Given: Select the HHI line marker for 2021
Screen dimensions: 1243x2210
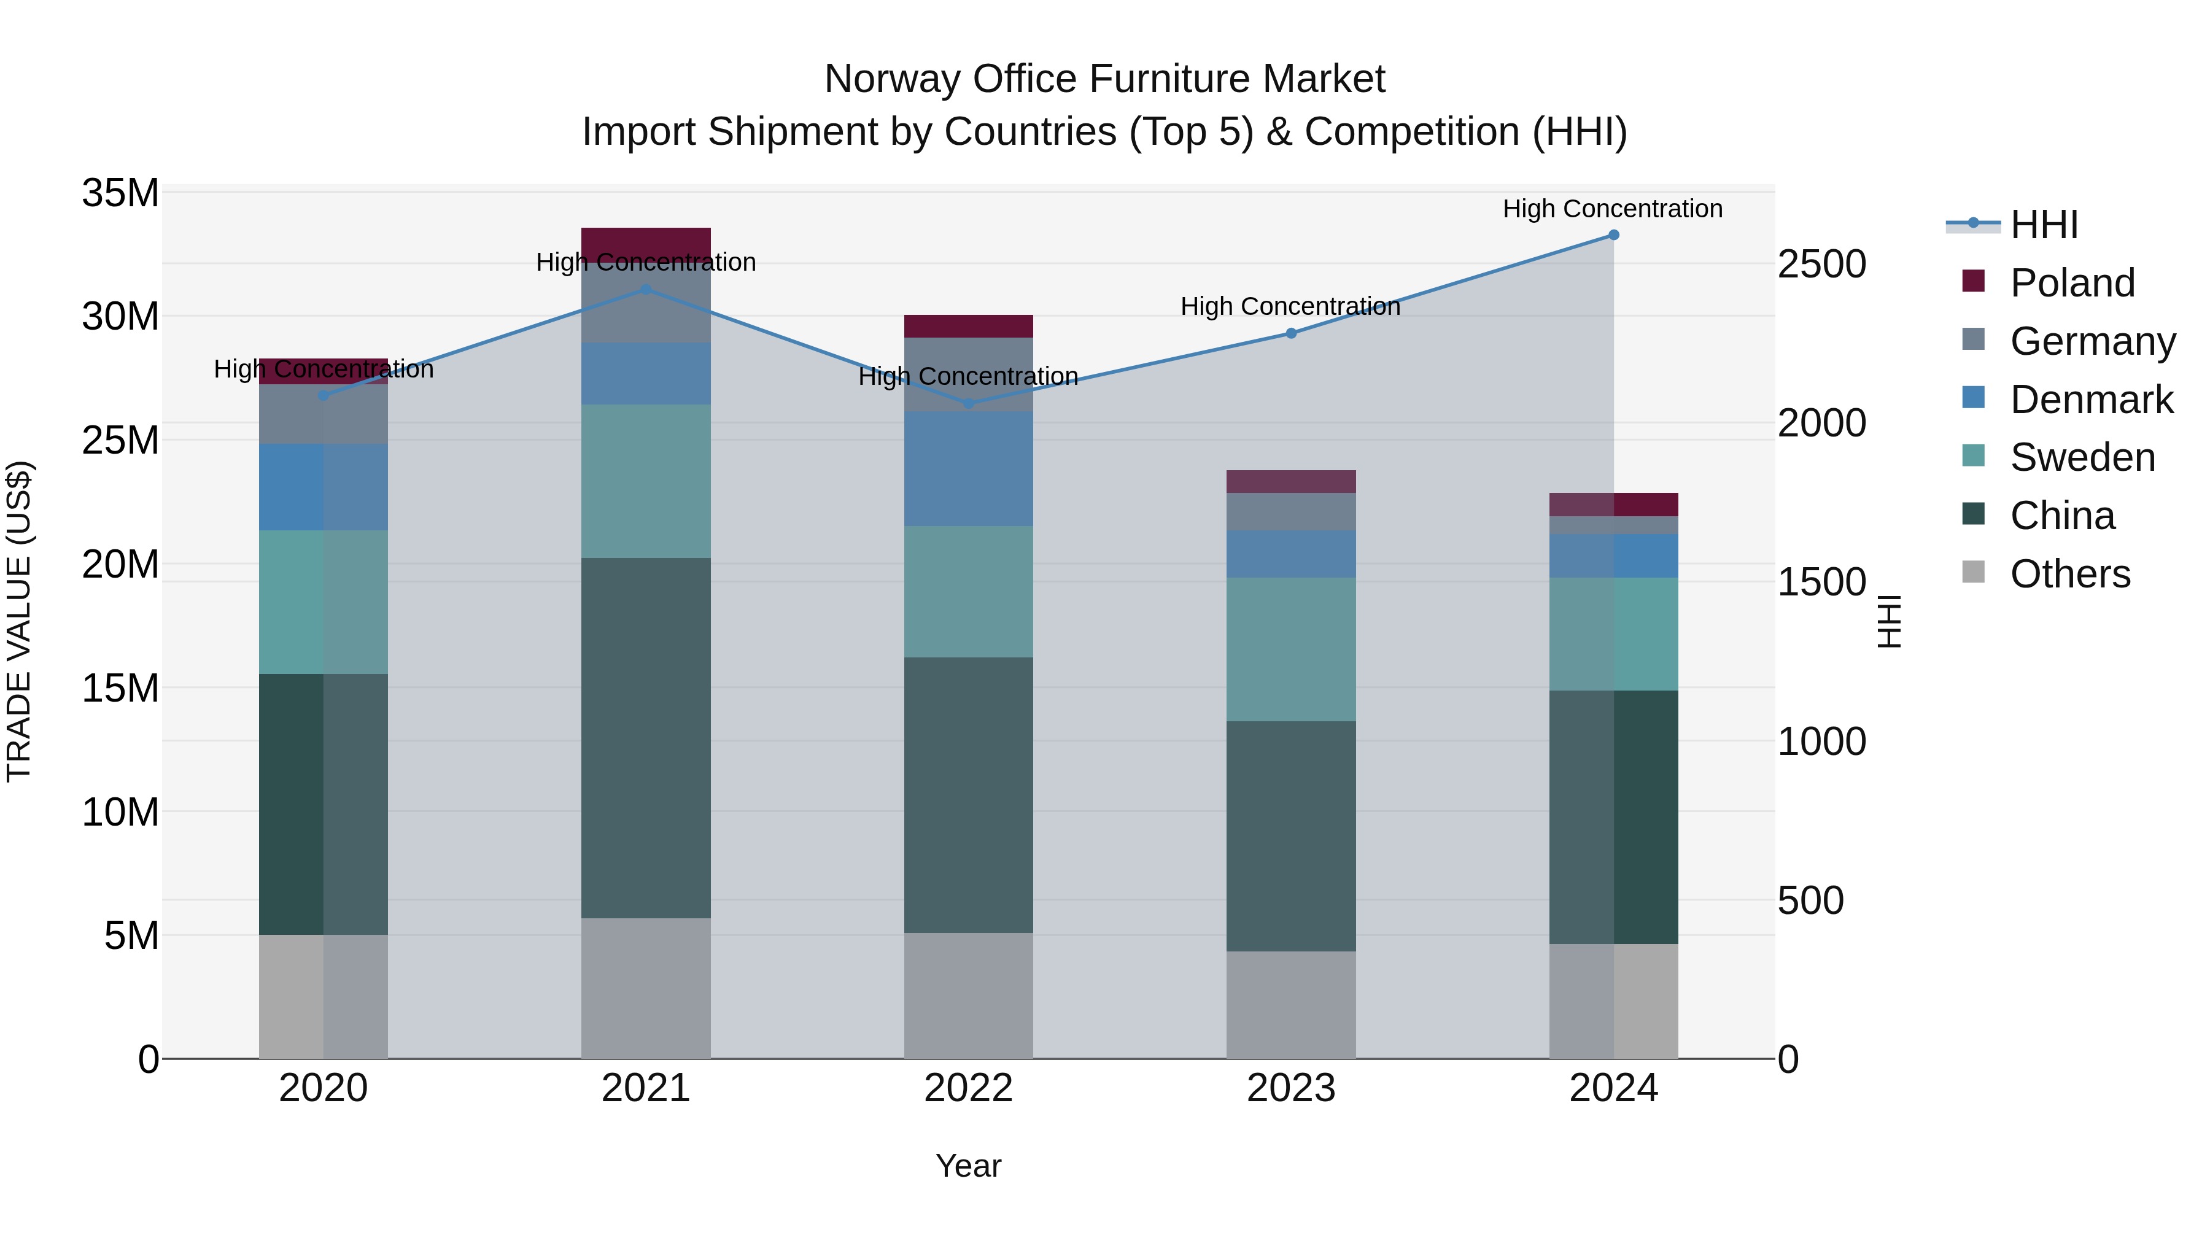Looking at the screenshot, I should pos(646,290).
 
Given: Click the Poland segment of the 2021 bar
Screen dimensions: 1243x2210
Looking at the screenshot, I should pos(646,239).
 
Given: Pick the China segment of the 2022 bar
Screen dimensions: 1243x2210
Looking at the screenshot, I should pos(969,795).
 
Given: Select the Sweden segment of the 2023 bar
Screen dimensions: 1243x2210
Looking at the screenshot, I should pos(1291,649).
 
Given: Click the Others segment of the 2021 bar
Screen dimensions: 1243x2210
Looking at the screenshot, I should pos(646,988).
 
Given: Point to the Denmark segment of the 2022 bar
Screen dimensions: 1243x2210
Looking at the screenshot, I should pos(969,468).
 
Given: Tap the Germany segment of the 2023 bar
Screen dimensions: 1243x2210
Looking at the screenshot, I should pos(1291,511).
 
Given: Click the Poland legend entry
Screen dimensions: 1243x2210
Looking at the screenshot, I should pos(2072,283).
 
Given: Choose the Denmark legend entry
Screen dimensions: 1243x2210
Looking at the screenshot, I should pos(2091,400).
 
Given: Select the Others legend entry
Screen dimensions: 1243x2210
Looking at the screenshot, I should pos(2069,574).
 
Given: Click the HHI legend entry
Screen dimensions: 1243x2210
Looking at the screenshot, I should pos(2044,225).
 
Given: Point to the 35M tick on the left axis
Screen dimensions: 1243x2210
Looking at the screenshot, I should pos(120,193).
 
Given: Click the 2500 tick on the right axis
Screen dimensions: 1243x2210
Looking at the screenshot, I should pos(1821,264).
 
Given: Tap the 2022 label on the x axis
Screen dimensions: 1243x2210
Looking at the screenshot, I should pos(969,1088).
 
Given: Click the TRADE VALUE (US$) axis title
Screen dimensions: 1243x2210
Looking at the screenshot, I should pos(19,621).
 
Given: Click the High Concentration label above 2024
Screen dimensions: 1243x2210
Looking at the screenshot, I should pos(1613,209).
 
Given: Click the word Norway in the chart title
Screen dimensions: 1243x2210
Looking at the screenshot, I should pos(891,79).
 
